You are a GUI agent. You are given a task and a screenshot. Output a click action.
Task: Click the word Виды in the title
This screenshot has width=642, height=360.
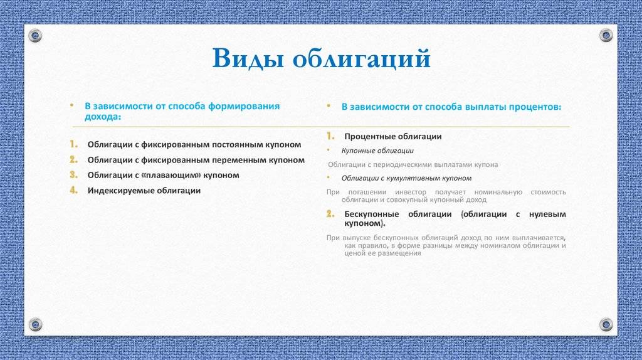pyautogui.click(x=248, y=58)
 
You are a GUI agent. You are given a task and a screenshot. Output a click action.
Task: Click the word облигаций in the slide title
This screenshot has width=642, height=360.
pyautogui.click(x=362, y=58)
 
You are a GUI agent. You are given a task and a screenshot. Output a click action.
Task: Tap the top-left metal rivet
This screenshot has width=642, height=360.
pyautogui.click(x=35, y=36)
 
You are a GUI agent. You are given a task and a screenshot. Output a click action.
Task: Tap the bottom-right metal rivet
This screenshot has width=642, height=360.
pyautogui.click(x=606, y=324)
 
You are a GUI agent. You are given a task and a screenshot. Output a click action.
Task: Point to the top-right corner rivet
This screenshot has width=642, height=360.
pyautogui.click(x=606, y=35)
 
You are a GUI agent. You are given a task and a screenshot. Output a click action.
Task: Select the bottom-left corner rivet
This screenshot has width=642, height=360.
pyautogui.click(x=35, y=324)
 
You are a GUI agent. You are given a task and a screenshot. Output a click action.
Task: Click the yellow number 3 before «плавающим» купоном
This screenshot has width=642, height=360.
pyautogui.click(x=73, y=175)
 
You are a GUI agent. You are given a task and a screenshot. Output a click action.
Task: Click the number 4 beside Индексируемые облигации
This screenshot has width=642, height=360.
pyautogui.click(x=74, y=190)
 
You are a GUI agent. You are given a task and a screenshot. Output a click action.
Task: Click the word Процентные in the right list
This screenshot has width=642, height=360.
pyautogui.click(x=370, y=137)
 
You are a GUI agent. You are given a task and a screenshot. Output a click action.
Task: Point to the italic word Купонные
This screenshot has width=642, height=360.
pyautogui.click(x=358, y=151)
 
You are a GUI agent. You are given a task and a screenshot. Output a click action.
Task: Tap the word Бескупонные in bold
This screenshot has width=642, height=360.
pyautogui.click(x=372, y=214)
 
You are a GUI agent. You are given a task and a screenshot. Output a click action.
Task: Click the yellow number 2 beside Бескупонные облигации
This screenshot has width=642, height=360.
pyautogui.click(x=330, y=213)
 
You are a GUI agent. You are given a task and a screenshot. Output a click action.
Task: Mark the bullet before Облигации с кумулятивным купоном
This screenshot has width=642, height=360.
pyautogui.click(x=329, y=177)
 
